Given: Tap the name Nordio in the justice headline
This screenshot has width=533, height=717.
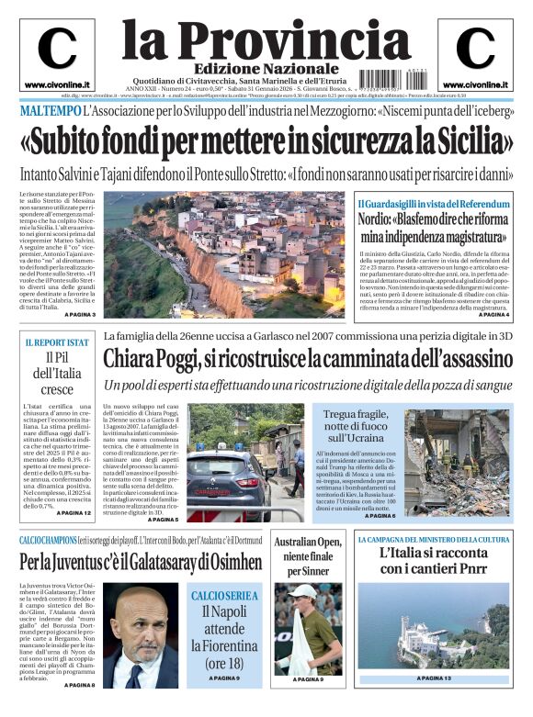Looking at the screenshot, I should pyautogui.click(x=380, y=219).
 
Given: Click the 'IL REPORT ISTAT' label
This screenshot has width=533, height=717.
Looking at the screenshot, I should pyautogui.click(x=57, y=342).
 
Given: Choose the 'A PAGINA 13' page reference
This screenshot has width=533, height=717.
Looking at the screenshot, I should pyautogui.click(x=434, y=678).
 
